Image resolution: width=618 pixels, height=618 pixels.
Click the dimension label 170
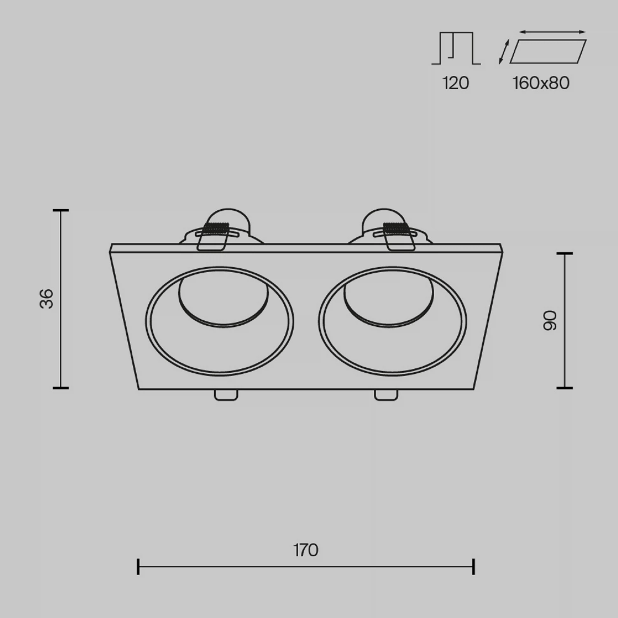point(306,550)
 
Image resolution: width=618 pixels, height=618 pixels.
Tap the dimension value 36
point(47,299)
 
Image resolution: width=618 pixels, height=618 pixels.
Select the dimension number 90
point(550,321)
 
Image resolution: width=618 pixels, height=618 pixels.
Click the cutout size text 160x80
point(541,83)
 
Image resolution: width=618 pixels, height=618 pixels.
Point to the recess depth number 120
point(456,83)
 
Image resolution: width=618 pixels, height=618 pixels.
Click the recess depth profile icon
point(456,48)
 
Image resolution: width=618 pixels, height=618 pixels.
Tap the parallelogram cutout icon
point(548,51)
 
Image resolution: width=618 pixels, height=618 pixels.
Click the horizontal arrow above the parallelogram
point(552,32)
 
